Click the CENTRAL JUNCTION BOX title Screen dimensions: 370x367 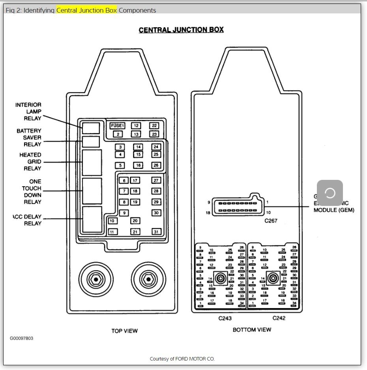(181, 30)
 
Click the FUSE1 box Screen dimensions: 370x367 (117, 125)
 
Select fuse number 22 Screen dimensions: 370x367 (154, 125)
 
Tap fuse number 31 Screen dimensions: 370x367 (156, 232)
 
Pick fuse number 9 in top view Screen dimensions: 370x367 (124, 213)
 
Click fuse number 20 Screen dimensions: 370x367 (135, 221)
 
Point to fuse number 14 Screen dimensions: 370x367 (138, 147)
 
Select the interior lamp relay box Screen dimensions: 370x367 (91, 128)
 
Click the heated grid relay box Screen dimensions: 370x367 (92, 162)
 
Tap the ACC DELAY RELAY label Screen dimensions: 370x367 (28, 220)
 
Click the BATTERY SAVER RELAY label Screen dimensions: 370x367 (28, 137)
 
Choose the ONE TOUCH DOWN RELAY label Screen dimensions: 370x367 (32, 192)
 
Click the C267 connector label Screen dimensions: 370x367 (271, 221)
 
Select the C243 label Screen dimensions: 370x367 (225, 318)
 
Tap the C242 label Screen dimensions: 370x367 (279, 318)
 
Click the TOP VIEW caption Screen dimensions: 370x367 (124, 331)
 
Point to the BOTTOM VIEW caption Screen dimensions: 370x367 (252, 329)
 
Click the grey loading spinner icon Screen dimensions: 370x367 (330, 193)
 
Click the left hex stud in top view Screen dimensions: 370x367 (95, 279)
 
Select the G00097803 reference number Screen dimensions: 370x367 (21, 338)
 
